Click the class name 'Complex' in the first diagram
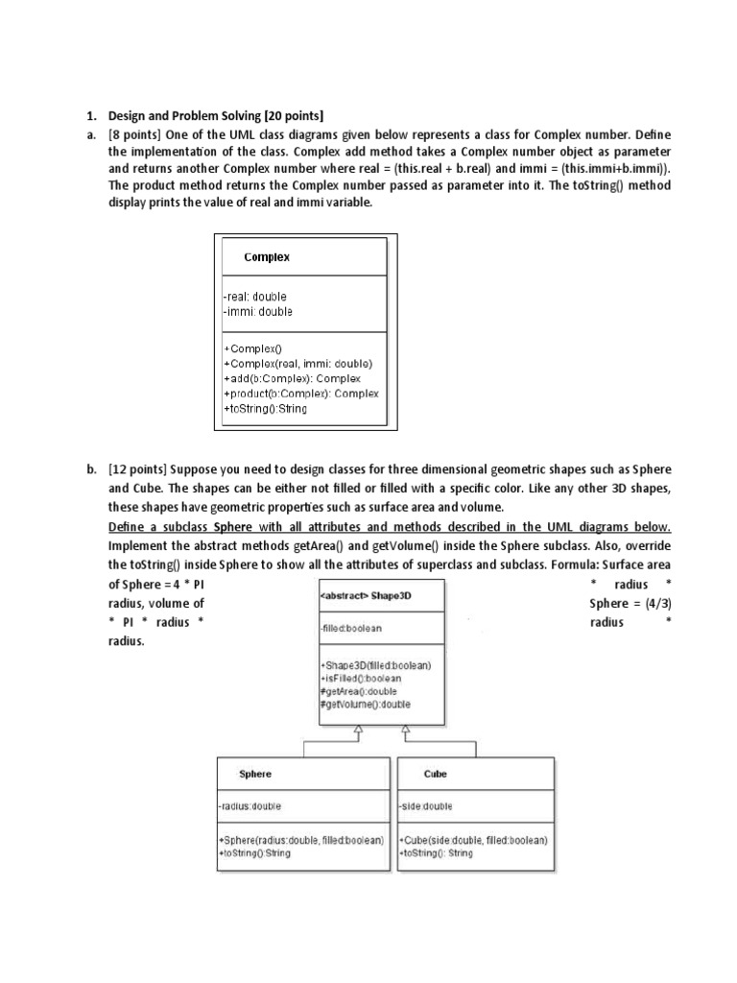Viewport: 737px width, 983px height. (x=267, y=257)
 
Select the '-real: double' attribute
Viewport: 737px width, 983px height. (x=255, y=297)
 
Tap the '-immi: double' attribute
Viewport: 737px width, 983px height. (x=257, y=311)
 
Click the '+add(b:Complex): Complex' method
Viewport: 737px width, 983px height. (x=292, y=378)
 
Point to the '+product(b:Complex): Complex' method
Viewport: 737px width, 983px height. (x=300, y=394)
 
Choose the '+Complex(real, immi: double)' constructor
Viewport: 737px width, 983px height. (x=297, y=364)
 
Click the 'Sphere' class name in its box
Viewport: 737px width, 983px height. (x=255, y=774)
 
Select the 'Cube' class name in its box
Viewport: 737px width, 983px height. (x=436, y=774)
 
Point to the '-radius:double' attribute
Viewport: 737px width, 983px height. (x=250, y=806)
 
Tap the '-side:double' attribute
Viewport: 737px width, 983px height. (x=424, y=806)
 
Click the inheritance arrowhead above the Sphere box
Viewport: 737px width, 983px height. (x=357, y=732)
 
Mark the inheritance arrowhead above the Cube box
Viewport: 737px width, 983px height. (x=407, y=732)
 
